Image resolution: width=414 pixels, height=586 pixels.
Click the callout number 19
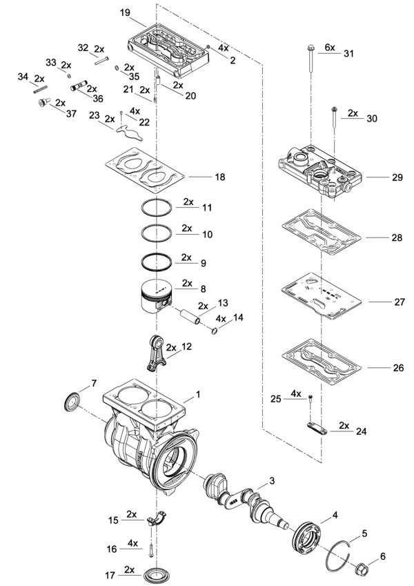125,12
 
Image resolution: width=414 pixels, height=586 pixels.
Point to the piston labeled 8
157,298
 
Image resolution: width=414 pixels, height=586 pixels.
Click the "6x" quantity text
330,48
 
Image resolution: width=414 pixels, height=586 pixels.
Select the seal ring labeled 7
72,402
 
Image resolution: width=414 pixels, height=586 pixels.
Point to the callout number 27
400,302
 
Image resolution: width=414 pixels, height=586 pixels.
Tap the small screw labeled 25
310,399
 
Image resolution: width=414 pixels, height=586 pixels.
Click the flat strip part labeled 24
317,428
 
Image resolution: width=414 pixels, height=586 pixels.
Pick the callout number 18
220,177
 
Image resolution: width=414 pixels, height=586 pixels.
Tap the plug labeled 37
44,102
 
